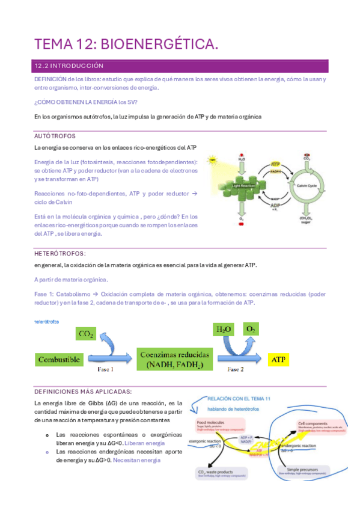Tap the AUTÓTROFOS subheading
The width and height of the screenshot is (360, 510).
55,137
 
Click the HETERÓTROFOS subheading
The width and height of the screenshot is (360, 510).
60,254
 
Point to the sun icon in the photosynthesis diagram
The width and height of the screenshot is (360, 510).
212,161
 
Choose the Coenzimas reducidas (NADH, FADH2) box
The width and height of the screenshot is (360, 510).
176,359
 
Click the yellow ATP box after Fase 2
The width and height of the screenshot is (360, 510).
278,360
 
